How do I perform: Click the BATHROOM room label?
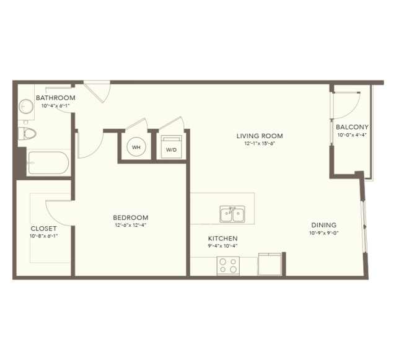click(x=56, y=98)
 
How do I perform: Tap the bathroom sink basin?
click(x=26, y=107)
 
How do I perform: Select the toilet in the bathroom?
click(x=27, y=133)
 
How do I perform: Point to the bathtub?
click(x=48, y=163)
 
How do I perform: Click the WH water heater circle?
click(x=136, y=147)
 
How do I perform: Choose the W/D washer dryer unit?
click(x=172, y=147)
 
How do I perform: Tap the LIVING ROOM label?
click(x=260, y=136)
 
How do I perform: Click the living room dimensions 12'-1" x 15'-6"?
click(x=260, y=144)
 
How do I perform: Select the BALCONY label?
click(x=352, y=127)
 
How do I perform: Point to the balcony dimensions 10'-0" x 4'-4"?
click(x=352, y=135)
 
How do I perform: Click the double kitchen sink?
click(x=232, y=214)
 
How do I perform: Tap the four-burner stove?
click(x=228, y=266)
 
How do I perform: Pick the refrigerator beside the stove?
click(x=270, y=264)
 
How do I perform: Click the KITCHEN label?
click(x=222, y=239)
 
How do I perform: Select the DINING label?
click(x=323, y=225)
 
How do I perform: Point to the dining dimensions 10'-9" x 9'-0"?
click(x=323, y=233)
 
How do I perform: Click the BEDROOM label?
click(x=131, y=217)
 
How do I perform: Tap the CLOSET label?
click(x=44, y=229)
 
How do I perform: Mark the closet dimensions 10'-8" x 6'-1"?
click(x=44, y=236)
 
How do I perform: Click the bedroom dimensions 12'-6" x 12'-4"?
click(x=131, y=225)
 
